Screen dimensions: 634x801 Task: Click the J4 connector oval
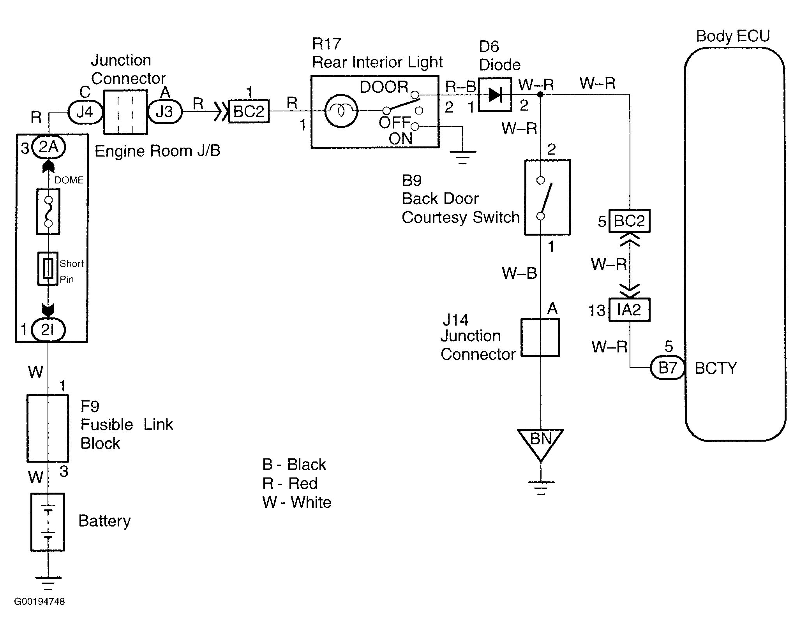[x=85, y=112]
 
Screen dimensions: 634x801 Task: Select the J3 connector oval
[x=164, y=112]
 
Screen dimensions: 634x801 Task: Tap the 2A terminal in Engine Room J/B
[x=48, y=147]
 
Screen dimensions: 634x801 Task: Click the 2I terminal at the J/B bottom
[x=48, y=330]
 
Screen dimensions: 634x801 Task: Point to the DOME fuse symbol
[x=48, y=212]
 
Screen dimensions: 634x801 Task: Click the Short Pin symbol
[x=48, y=268]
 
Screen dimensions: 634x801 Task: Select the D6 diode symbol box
[x=495, y=95]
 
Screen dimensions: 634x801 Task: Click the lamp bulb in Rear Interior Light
[x=341, y=111]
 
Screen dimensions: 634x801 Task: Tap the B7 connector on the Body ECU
[x=667, y=367]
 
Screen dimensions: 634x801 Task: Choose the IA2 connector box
[x=629, y=310]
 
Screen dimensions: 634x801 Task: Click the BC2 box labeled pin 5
[x=629, y=221]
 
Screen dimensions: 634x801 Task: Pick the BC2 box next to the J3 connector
[x=249, y=112]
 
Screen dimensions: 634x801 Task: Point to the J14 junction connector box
[x=540, y=337]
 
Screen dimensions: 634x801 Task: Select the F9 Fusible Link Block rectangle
[x=48, y=428]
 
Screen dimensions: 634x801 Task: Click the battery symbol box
[x=48, y=522]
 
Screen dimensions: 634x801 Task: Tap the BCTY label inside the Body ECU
[x=716, y=368]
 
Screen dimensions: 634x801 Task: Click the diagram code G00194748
[x=39, y=601]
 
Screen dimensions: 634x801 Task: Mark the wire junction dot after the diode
[x=540, y=95]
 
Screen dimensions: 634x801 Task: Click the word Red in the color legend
[x=303, y=483]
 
